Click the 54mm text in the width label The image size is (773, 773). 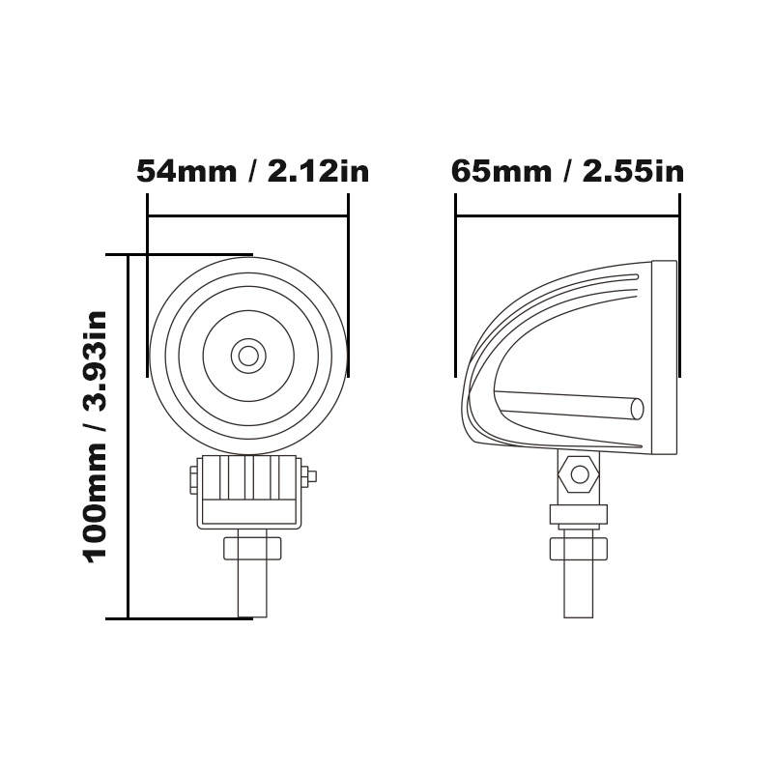(x=186, y=172)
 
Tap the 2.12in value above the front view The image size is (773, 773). (x=319, y=172)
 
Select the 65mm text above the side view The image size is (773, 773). (x=501, y=172)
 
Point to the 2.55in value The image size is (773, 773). (x=634, y=172)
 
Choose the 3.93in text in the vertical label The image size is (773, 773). (x=96, y=361)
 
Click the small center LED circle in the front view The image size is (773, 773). (x=248, y=356)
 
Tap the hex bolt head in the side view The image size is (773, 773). (x=579, y=474)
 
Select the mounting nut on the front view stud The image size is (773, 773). (x=252, y=549)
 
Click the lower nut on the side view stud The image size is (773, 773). (x=578, y=549)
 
